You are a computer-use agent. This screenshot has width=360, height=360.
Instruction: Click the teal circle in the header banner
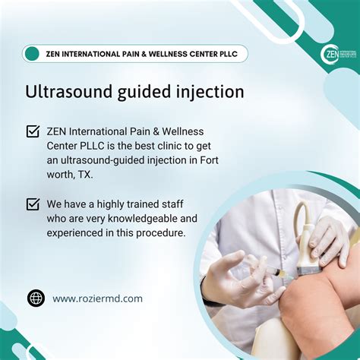click(x=32, y=53)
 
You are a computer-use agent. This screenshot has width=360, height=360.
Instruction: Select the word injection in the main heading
click(x=207, y=92)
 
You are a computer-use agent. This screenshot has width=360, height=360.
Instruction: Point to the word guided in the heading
click(x=141, y=93)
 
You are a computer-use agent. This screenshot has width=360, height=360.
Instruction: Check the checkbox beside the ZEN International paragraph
click(x=33, y=131)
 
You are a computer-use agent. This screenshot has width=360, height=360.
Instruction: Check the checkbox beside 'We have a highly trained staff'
click(x=33, y=204)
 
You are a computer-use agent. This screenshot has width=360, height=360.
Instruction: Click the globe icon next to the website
click(x=36, y=298)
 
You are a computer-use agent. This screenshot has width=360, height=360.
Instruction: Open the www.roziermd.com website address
click(x=97, y=298)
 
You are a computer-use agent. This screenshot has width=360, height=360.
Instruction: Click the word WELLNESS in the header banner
click(x=173, y=54)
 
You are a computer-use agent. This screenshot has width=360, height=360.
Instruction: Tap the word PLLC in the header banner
click(x=230, y=54)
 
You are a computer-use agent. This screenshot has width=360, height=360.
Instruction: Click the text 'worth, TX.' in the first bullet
click(x=71, y=175)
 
